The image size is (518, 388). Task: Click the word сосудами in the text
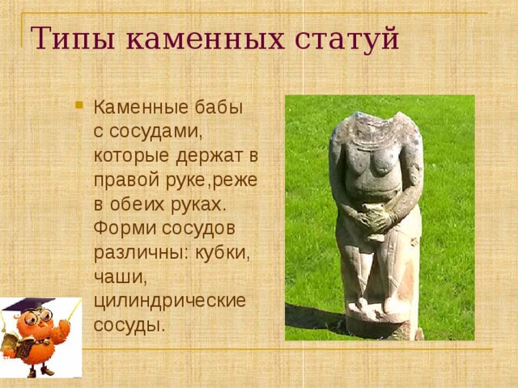click(x=159, y=130)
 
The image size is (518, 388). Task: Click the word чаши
click(x=117, y=275)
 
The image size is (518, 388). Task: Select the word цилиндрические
click(x=169, y=300)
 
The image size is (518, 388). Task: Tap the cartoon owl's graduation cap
click(x=31, y=306)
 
